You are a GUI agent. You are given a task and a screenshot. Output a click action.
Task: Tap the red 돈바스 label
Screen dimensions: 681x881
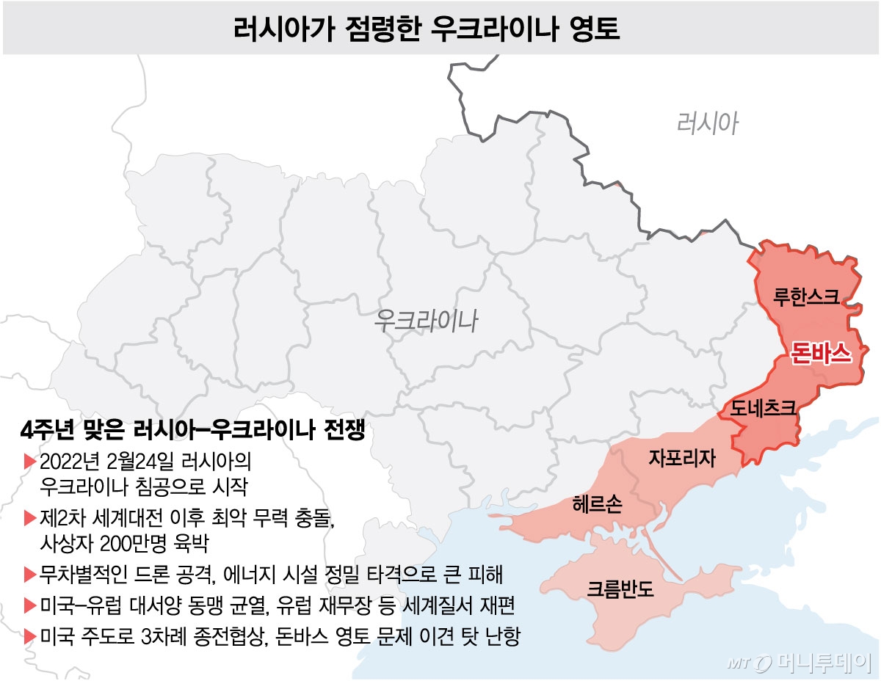click(x=821, y=354)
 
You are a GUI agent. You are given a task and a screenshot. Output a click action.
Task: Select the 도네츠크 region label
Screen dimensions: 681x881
click(x=759, y=409)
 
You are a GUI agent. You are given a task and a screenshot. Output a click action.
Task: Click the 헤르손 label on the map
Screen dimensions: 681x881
click(x=598, y=505)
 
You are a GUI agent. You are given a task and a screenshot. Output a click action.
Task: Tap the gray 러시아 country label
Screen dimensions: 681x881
click(x=707, y=123)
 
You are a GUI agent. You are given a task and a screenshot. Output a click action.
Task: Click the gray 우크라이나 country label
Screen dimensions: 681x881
click(x=426, y=321)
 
